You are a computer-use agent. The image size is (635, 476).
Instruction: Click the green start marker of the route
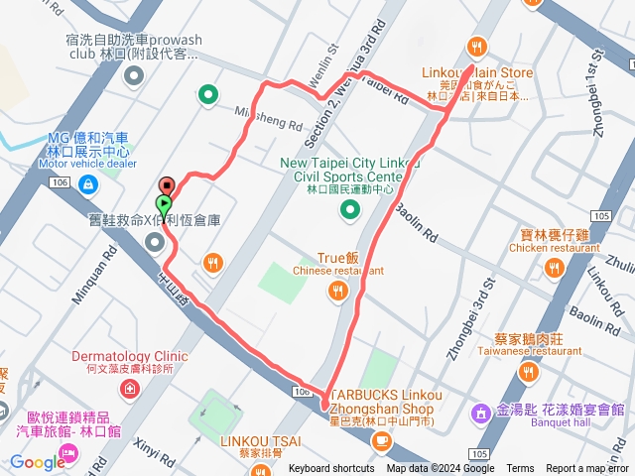(x=164, y=204)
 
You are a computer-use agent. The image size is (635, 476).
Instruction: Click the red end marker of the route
(x=167, y=185)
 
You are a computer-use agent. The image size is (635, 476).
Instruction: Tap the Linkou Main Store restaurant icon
(x=477, y=46)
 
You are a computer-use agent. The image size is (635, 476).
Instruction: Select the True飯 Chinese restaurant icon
(x=338, y=289)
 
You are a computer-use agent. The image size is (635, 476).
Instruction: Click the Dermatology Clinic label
(x=129, y=355)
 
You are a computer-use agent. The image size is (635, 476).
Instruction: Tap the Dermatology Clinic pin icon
(x=129, y=387)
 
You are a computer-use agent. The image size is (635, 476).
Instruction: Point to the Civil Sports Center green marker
(x=349, y=209)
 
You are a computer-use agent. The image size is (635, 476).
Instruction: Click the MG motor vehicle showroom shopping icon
(x=88, y=182)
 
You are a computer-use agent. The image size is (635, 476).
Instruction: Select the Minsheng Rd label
(x=268, y=118)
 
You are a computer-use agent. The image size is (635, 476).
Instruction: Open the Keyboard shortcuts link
(x=332, y=469)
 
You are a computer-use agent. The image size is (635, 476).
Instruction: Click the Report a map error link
(x=589, y=469)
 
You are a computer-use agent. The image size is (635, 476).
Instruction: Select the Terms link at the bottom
(x=520, y=469)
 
